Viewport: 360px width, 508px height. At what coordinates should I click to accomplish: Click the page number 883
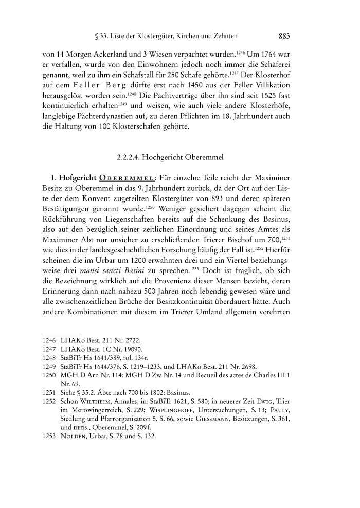coord(285,37)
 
